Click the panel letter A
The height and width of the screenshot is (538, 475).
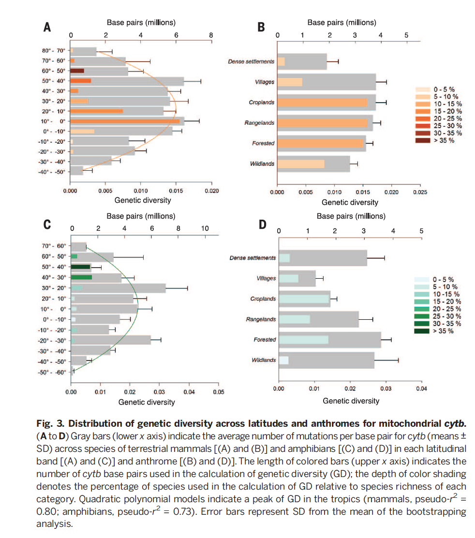[47, 28]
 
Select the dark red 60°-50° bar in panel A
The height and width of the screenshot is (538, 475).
[77, 71]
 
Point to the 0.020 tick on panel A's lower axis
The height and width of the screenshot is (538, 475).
[211, 191]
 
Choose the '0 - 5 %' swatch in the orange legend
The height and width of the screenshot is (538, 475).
[424, 90]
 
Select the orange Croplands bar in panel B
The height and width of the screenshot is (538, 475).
[322, 102]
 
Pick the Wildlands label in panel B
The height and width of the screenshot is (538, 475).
[262, 164]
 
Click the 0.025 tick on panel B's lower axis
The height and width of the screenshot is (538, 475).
[419, 193]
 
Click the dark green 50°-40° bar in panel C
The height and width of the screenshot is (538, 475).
[80, 267]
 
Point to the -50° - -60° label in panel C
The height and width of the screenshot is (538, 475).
[53, 372]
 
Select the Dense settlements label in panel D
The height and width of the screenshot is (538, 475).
[252, 258]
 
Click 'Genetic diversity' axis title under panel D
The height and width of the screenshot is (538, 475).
[351, 401]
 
